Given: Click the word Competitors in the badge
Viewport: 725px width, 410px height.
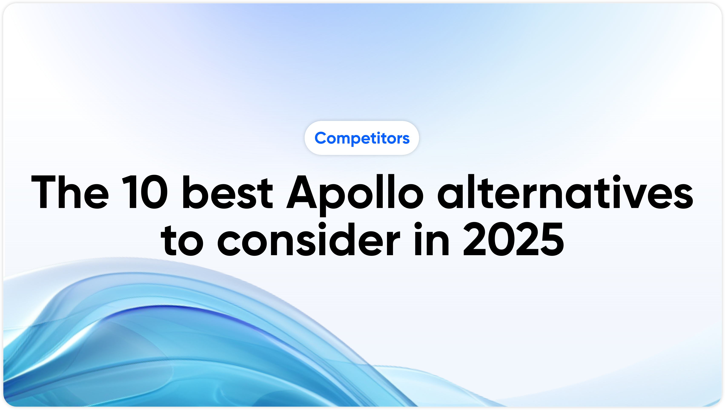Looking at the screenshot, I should click(x=362, y=138).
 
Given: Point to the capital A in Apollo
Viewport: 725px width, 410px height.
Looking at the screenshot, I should click(x=301, y=193).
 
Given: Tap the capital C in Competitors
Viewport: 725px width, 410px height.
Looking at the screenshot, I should click(x=320, y=138).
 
